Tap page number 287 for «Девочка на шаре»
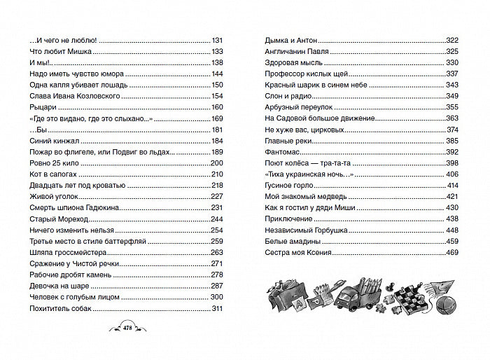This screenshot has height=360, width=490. (216, 286)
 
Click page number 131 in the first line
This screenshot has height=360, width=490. (217, 40)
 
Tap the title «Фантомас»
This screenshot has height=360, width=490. (281, 151)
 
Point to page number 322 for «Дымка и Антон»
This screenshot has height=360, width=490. (451, 40)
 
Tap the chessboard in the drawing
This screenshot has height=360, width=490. (400, 301)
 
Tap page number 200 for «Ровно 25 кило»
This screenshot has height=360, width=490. (216, 163)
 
